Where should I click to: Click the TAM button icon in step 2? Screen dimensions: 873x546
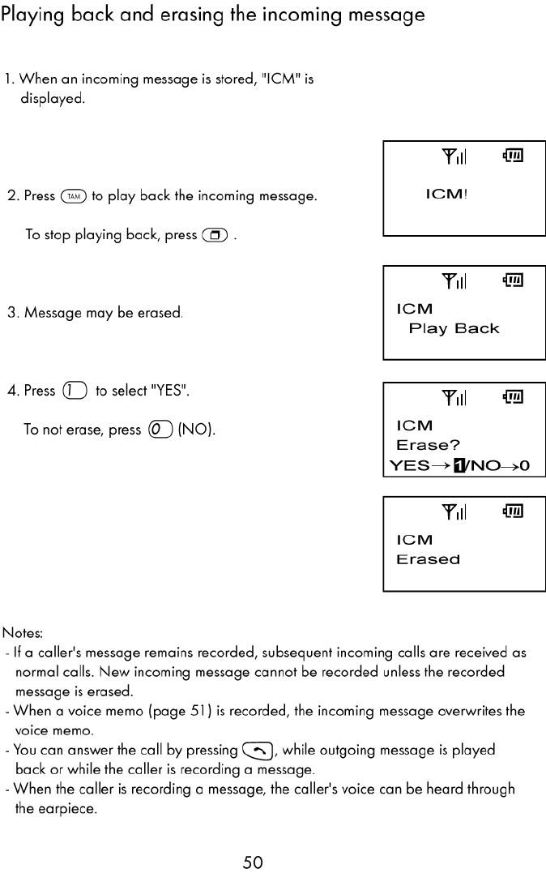coord(74,196)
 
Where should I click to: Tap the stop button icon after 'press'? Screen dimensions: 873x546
coord(215,235)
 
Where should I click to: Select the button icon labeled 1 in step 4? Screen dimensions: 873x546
coord(75,391)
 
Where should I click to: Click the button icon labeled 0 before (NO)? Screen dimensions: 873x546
coord(159,430)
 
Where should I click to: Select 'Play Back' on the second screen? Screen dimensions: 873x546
coord(454,328)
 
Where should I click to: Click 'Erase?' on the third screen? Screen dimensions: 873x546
coord(428,445)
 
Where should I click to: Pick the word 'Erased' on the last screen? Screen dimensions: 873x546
coord(428,559)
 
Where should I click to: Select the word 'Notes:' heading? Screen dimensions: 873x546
coord(23,632)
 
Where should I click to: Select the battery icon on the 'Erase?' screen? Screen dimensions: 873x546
coord(514,396)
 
